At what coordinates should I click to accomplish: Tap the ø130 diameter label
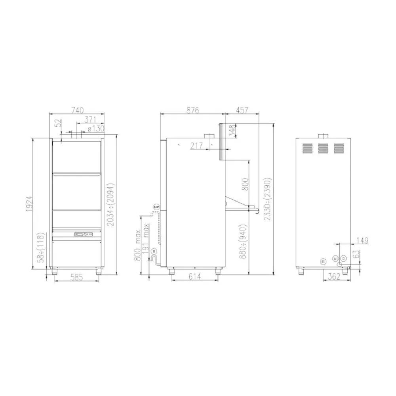point(95,128)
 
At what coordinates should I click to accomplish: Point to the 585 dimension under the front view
point(76,278)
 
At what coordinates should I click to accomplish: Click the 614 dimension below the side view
point(194,277)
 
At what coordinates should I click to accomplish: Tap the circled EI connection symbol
point(323,261)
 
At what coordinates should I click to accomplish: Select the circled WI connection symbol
point(335,259)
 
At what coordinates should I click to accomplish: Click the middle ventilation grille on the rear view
point(324,148)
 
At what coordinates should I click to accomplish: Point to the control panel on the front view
point(84,235)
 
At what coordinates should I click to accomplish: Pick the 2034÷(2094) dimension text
point(111,205)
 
